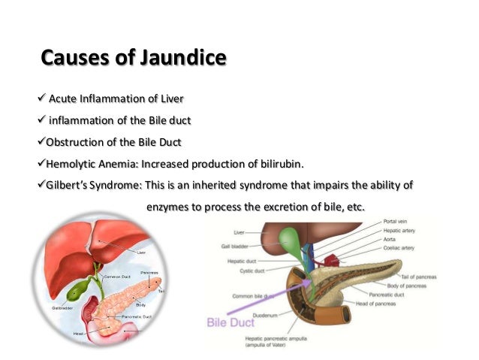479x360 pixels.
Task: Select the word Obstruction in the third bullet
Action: click(74, 142)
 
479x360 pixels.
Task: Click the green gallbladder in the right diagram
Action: click(289, 241)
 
